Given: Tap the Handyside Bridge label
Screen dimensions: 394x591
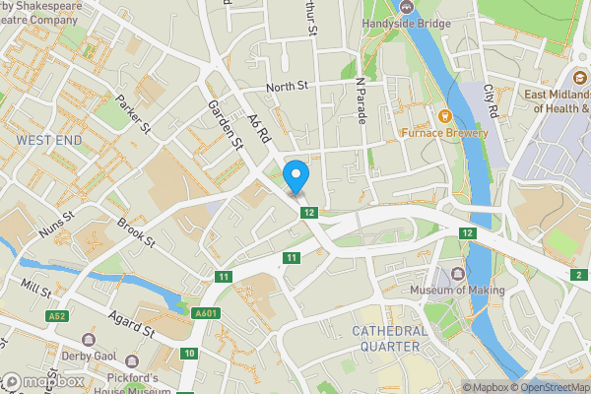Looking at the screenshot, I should coord(408,22).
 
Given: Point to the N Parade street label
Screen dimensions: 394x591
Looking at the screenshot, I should coord(361,101).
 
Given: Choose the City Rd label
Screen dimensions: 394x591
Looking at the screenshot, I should coord(494,98).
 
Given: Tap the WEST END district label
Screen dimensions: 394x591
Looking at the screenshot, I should coord(48,141).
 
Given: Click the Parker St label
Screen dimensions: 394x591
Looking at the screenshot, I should coord(132,114).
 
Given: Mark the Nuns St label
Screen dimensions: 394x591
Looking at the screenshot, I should coord(57,229).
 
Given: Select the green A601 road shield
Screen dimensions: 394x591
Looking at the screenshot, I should coord(205,313).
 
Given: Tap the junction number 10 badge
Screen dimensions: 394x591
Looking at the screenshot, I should coord(189,353).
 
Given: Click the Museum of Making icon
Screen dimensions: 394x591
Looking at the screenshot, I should coord(457,273).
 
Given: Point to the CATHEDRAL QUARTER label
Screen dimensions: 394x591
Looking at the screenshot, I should coord(389,339).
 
